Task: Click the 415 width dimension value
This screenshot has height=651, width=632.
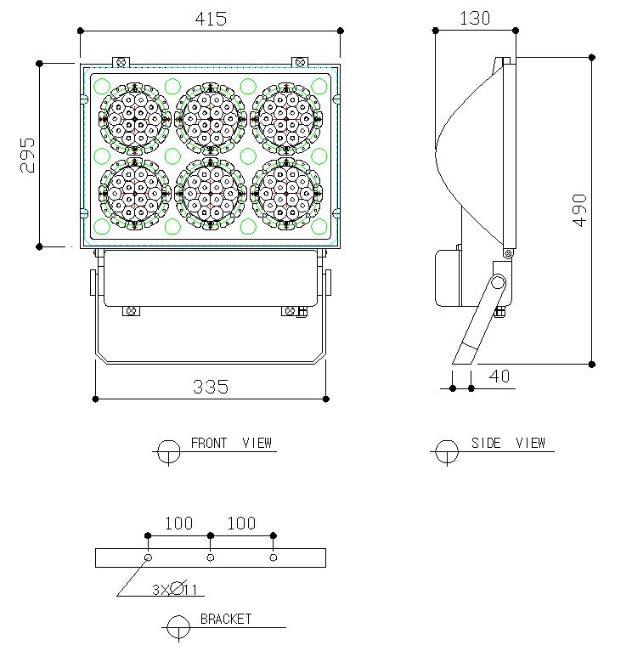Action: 211,19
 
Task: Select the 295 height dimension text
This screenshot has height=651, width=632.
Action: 28,155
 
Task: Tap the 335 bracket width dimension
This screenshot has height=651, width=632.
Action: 211,387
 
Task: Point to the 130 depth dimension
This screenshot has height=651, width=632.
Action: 474,19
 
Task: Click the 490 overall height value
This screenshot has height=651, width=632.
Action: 579,210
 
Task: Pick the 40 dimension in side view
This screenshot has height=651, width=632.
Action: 501,376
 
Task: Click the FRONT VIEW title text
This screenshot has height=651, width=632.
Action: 231,443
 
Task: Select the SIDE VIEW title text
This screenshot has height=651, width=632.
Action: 508,443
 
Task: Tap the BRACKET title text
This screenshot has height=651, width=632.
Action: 226,619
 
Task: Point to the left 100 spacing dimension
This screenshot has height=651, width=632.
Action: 178,524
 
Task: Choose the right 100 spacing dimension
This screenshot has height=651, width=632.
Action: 241,524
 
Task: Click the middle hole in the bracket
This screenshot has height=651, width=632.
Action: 211,558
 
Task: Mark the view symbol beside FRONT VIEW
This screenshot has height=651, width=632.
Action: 169,450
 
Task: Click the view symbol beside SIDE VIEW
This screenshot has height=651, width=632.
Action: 446,450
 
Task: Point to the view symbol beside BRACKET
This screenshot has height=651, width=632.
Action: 178,627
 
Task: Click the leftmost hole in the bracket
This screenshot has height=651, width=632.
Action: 148,558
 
